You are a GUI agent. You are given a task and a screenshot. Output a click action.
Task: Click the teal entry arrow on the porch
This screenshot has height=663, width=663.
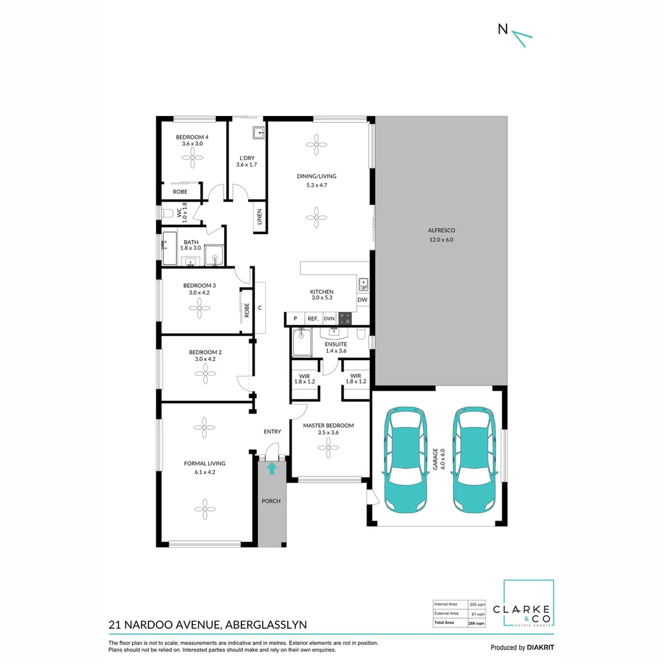[x=271, y=468]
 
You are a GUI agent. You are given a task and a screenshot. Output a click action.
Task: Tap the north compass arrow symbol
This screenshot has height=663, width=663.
[x=522, y=38]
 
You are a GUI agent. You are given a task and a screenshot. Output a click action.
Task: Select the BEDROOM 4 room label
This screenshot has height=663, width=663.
[x=192, y=137]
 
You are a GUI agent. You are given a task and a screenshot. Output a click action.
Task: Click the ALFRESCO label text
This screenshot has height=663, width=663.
[x=441, y=230]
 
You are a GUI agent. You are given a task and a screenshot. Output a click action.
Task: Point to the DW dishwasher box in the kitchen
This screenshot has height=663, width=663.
[x=362, y=300]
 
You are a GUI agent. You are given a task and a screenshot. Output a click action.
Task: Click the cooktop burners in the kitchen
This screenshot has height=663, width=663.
[x=345, y=318]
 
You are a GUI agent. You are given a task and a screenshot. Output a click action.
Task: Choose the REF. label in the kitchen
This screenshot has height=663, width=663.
[x=313, y=319]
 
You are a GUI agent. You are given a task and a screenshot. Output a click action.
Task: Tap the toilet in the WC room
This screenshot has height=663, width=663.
[x=168, y=212]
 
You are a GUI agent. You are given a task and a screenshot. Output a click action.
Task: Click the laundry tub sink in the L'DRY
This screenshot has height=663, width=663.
[x=258, y=133]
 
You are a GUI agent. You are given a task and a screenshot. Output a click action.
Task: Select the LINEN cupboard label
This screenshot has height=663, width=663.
[x=260, y=217]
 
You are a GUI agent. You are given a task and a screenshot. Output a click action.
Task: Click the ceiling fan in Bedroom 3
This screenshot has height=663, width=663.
[x=199, y=308]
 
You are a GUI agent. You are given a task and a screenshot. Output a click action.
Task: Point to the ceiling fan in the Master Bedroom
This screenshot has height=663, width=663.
[x=328, y=448]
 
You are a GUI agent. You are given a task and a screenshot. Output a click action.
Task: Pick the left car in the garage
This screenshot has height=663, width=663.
[x=405, y=460]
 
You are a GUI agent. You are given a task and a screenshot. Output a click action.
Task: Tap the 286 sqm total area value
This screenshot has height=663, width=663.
[x=476, y=623]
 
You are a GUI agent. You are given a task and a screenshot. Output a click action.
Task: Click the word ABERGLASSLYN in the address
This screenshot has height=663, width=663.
[x=266, y=624]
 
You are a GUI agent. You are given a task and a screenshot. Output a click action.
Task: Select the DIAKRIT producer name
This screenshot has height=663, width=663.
[x=540, y=648]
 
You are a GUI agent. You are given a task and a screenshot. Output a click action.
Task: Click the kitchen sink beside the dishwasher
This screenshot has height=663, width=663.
[x=363, y=284]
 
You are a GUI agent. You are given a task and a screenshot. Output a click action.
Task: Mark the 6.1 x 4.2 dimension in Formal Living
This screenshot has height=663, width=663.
[x=204, y=472]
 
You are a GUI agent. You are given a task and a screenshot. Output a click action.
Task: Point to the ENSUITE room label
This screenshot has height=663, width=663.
[x=336, y=344]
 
